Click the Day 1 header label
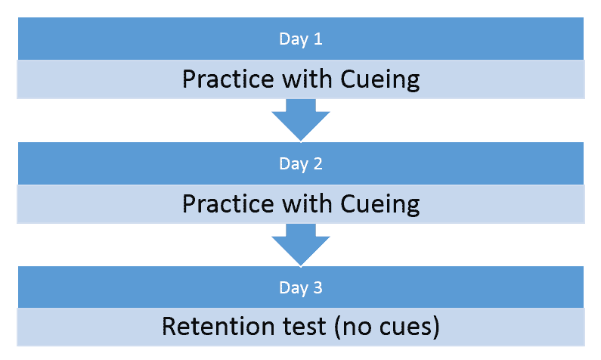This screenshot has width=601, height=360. pos(301,39)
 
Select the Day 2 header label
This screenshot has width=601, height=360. pos(301,164)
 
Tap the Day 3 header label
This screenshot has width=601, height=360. pos(301,288)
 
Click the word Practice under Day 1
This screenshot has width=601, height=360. pos(228,79)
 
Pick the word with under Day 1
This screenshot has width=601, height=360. pos(307,79)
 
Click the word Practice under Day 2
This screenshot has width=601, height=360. pos(228,203)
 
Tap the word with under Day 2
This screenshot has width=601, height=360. pos(307,203)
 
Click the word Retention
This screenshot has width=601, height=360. pos(218,326)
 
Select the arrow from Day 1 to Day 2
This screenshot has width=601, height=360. pos(301,120)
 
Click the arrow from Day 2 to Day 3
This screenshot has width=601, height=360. pos(301,244)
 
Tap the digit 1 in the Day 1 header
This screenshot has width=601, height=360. pos(318,39)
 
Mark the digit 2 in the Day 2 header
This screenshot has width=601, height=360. pos(318,163)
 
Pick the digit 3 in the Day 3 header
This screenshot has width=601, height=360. pos(318,287)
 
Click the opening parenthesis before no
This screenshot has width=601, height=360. pos(338,327)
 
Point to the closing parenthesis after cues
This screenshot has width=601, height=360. pos(435,327)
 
